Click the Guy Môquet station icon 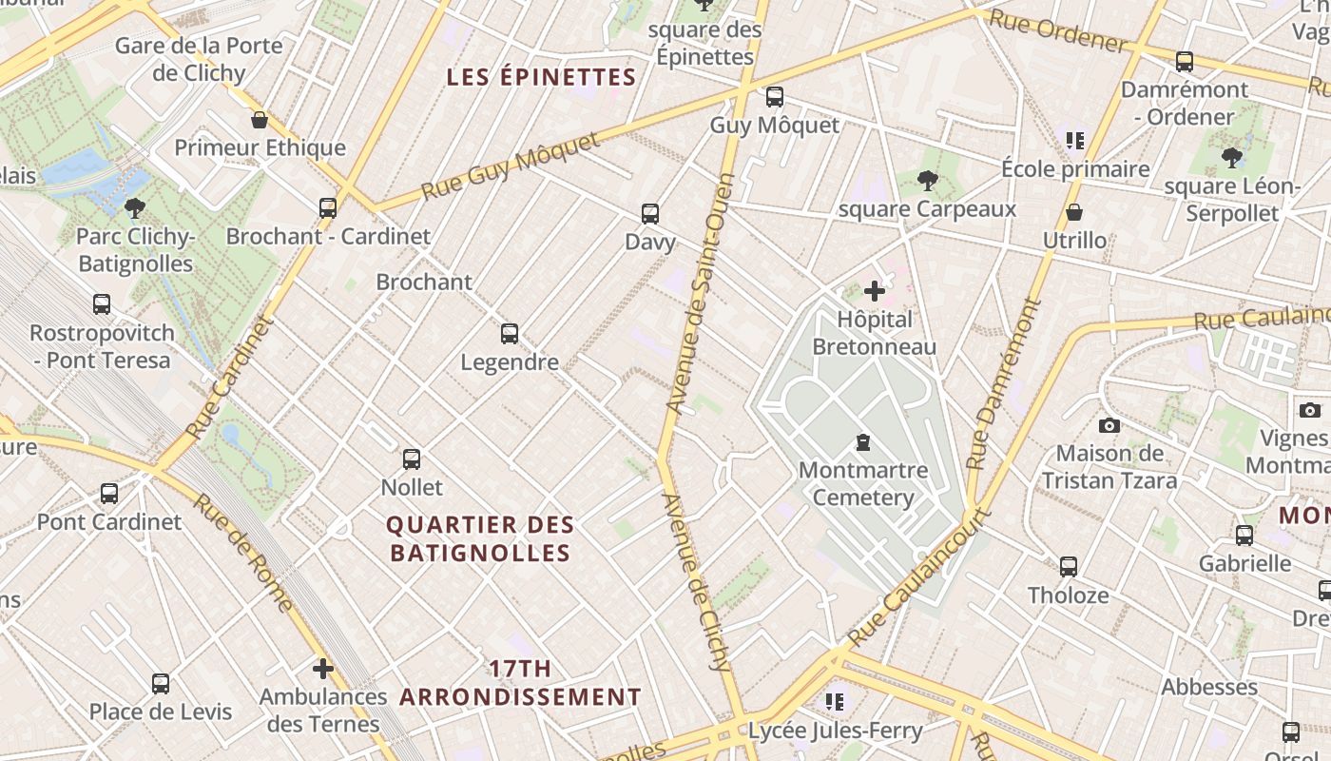coord(775,96)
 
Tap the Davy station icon coord(650,213)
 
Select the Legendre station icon coord(510,333)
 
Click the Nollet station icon coord(412,459)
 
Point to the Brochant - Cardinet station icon coord(328,207)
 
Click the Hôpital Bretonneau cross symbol coord(875,291)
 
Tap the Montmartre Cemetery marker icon coord(863,441)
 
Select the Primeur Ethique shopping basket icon coord(259,120)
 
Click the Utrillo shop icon coord(1074,211)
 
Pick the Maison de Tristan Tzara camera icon coord(1109,425)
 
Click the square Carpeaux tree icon coord(927,181)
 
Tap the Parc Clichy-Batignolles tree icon coord(135,207)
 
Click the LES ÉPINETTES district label coord(541,77)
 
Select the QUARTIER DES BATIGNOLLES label coord(480,538)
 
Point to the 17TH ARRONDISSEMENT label coord(520,683)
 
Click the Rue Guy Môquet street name coord(511,166)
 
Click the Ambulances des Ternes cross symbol coord(323,669)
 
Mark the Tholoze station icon coord(1069,567)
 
